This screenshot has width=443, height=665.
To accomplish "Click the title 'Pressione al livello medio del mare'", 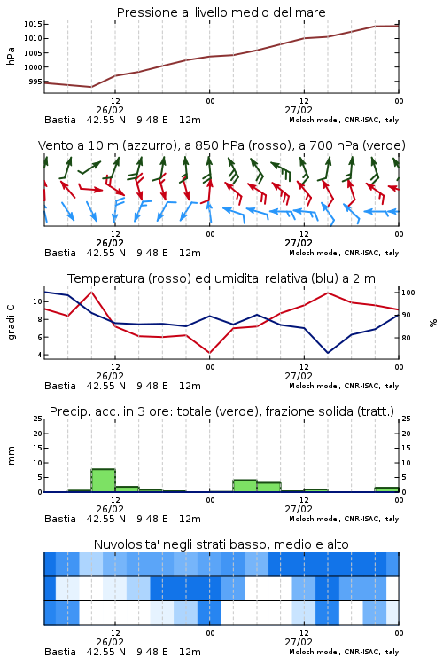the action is [221, 12].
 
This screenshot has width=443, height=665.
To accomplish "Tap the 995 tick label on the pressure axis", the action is [35, 82].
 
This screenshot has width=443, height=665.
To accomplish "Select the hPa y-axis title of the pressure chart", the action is [11, 57].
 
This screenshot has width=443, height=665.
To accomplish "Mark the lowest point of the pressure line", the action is [91, 87].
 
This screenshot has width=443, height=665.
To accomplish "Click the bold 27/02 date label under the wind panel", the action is [299, 243].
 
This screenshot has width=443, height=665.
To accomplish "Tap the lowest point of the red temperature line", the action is [209, 353].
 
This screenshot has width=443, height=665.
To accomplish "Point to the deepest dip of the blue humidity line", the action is [328, 353].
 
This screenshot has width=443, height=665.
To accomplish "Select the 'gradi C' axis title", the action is [11, 323].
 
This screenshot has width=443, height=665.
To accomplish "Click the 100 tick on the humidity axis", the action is [408, 293].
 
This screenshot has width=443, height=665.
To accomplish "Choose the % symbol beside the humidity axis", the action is [433, 323].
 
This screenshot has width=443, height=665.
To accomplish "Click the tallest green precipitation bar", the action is [103, 481].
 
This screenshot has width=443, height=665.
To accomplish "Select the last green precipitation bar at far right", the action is [386, 489].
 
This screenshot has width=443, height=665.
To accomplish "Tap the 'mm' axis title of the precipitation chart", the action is [11, 456].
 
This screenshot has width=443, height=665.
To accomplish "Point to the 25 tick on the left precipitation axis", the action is [38, 419].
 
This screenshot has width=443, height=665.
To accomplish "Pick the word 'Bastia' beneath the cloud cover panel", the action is [60, 652].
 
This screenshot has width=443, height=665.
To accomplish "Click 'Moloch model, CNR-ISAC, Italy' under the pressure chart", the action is [344, 120].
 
